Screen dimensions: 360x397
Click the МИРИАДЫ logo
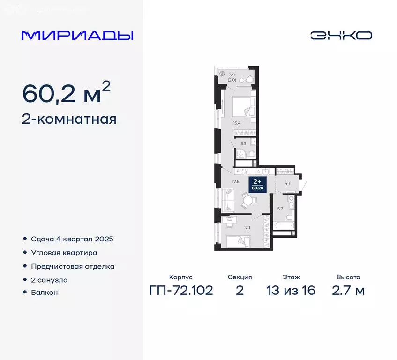tap(77, 36)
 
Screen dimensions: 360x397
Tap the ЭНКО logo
tap(341, 36)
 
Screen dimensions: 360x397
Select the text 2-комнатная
tap(69, 120)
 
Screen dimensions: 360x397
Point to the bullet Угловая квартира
tap(64, 253)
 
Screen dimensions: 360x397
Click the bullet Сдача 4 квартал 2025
tap(72, 239)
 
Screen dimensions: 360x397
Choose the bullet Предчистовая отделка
tap(73, 266)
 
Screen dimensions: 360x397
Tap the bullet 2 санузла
tap(49, 280)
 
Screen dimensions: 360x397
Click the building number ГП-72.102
tap(181, 291)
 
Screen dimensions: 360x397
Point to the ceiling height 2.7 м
tap(348, 291)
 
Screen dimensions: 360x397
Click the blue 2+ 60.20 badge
tap(257, 184)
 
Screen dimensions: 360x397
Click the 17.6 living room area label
tap(236, 181)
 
